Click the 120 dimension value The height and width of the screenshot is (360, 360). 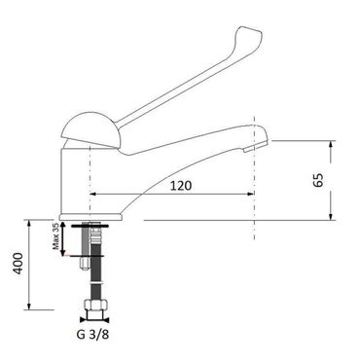pyautogui.click(x=181, y=186)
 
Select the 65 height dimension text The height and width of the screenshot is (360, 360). pyautogui.click(x=318, y=180)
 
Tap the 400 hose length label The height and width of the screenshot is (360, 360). pyautogui.click(x=18, y=263)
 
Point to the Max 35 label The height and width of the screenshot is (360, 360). pyautogui.click(x=55, y=236)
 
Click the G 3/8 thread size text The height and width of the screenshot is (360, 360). pyautogui.click(x=92, y=335)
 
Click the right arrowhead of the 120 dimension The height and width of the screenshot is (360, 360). pyautogui.click(x=250, y=194)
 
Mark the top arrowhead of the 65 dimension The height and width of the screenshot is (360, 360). pyautogui.click(x=331, y=145)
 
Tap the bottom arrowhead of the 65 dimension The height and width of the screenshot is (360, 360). pyautogui.click(x=331, y=216)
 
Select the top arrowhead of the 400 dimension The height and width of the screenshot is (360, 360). pyautogui.click(x=29, y=224)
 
